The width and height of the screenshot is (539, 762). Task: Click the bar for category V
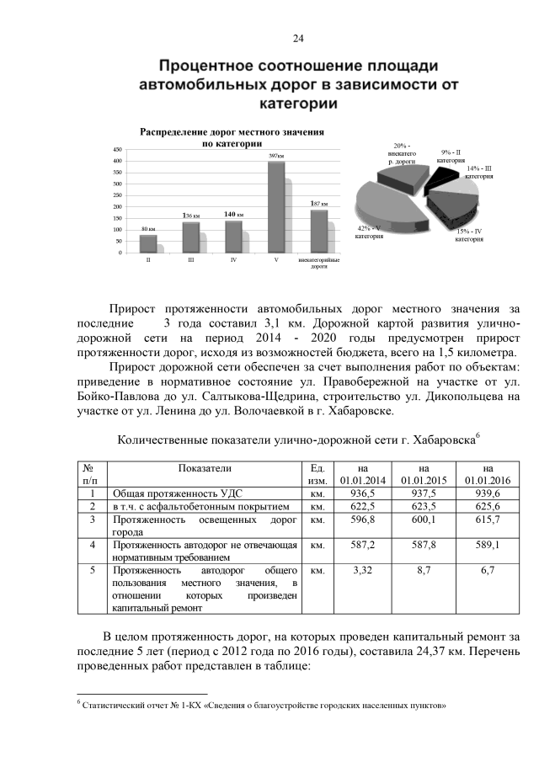pyautogui.click(x=275, y=207)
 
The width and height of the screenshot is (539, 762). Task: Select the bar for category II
pyautogui.click(x=148, y=243)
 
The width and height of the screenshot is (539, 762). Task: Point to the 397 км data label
pyautogui.click(x=275, y=157)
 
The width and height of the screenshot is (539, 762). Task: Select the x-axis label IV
pyautogui.click(x=233, y=261)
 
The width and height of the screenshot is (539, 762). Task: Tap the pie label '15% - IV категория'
pyautogui.click(x=468, y=235)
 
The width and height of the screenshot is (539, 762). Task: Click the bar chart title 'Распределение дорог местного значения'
pyautogui.click(x=232, y=133)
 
